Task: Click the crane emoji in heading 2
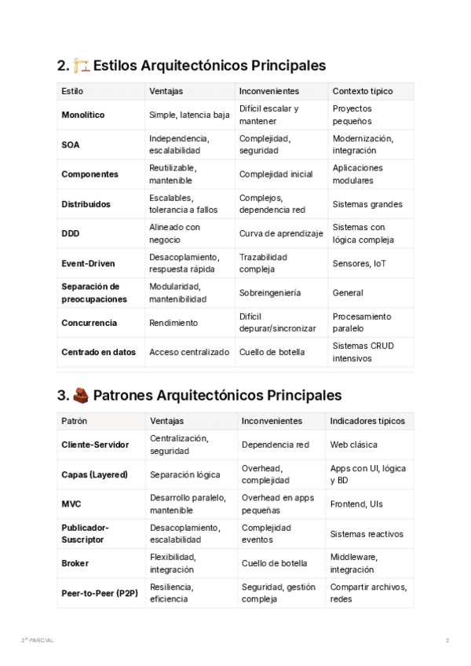(81, 65)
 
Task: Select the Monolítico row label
(82, 115)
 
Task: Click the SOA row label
(70, 145)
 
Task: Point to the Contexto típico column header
(363, 91)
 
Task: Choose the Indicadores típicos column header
(367, 421)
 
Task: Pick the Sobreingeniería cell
(269, 293)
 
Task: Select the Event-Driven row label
(89, 263)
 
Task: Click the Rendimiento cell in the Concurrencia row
(173, 323)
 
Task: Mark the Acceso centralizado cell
(189, 353)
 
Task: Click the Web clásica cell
(353, 445)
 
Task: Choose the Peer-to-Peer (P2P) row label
(100, 593)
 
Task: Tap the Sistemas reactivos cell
(367, 534)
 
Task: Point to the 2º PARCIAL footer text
(38, 641)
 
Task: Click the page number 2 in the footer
(447, 641)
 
